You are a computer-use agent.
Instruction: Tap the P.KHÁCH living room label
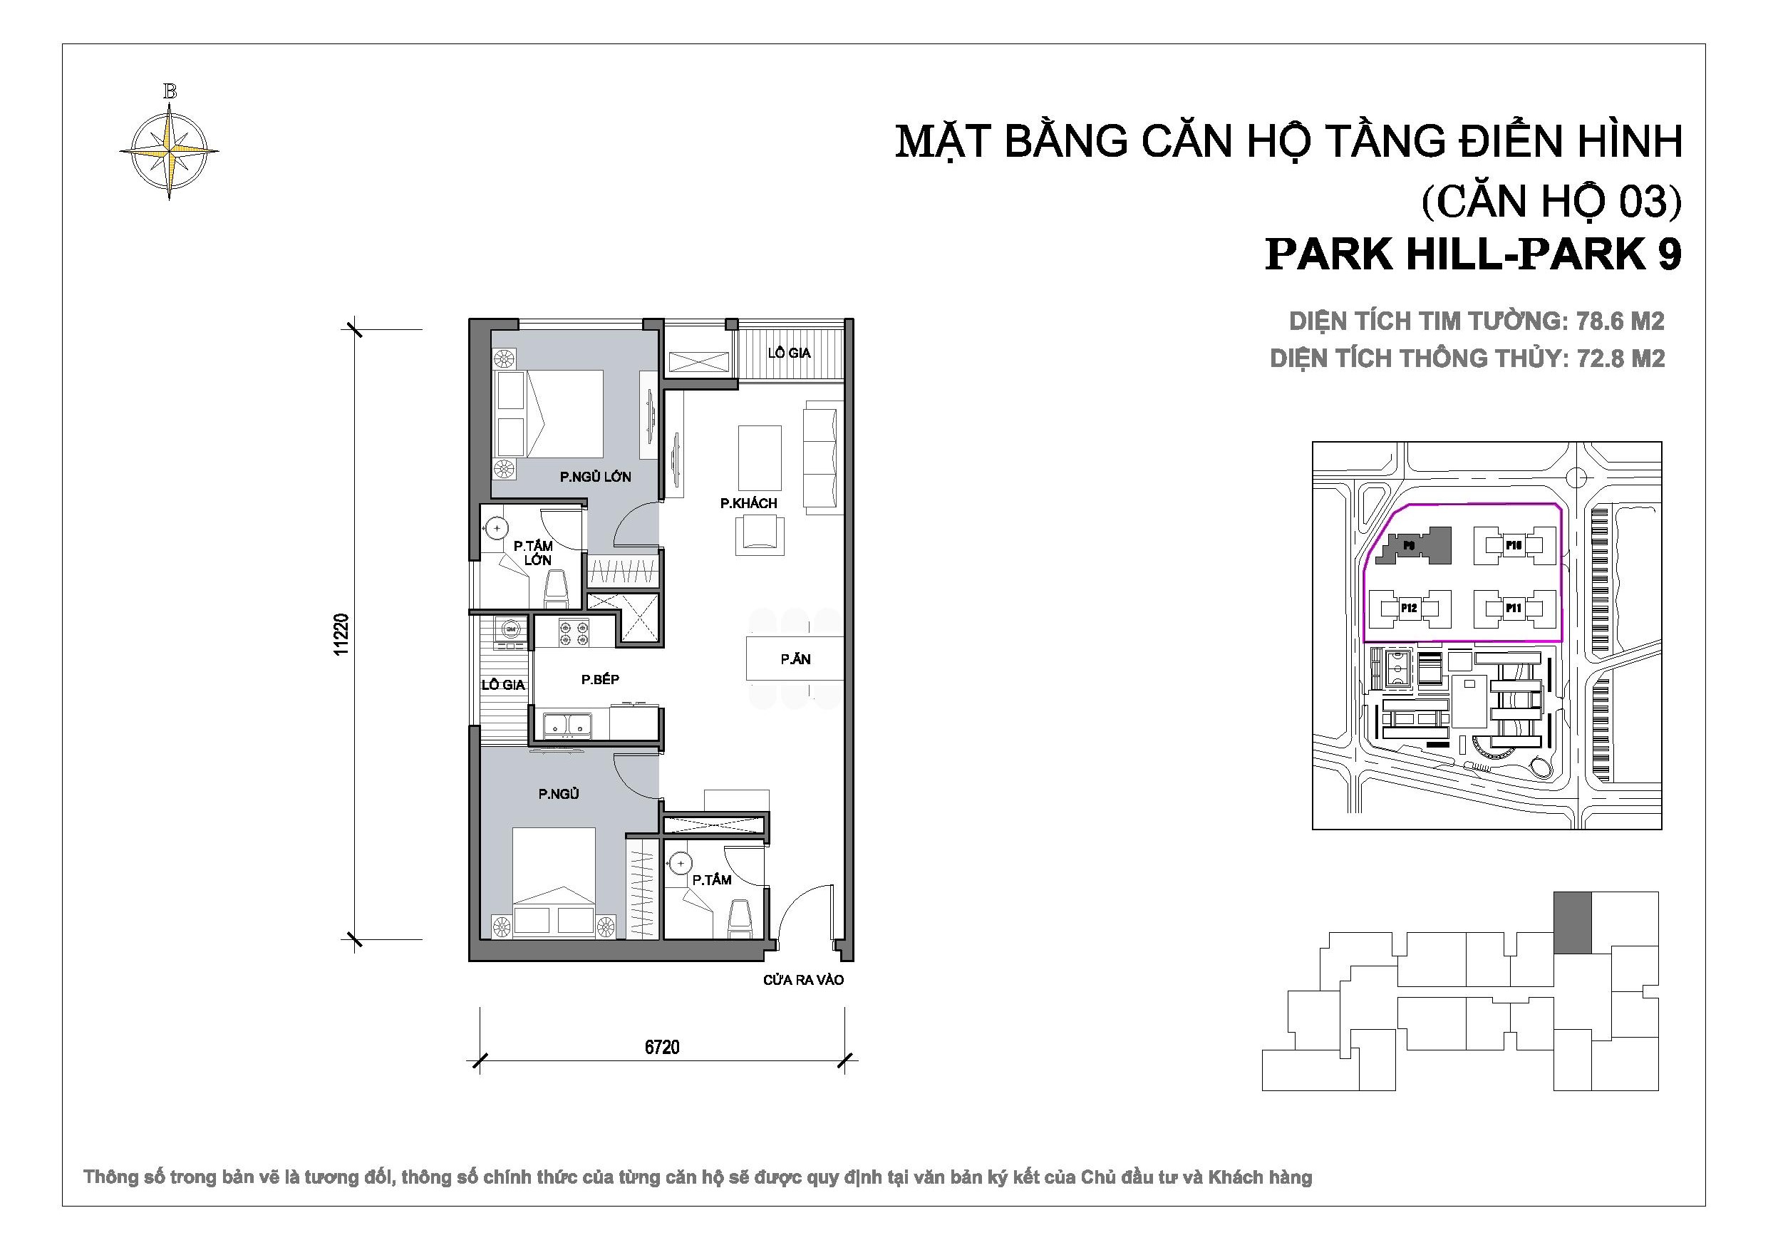click(748, 503)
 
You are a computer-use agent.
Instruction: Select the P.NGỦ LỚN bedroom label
click(595, 477)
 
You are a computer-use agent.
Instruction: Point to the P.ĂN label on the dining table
click(795, 659)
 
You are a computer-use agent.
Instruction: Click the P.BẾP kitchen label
click(600, 679)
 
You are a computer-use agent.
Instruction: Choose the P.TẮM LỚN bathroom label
click(534, 553)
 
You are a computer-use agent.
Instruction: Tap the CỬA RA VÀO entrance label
click(803, 980)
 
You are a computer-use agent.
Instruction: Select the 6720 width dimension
click(662, 1047)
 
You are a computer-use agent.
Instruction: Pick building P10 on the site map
click(1513, 545)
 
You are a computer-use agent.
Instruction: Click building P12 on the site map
click(1408, 609)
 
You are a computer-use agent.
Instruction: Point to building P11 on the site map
click(1513, 609)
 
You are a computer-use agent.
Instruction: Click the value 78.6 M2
click(1620, 321)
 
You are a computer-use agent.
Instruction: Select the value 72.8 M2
click(1620, 358)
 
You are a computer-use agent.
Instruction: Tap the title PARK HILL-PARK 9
click(1473, 254)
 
